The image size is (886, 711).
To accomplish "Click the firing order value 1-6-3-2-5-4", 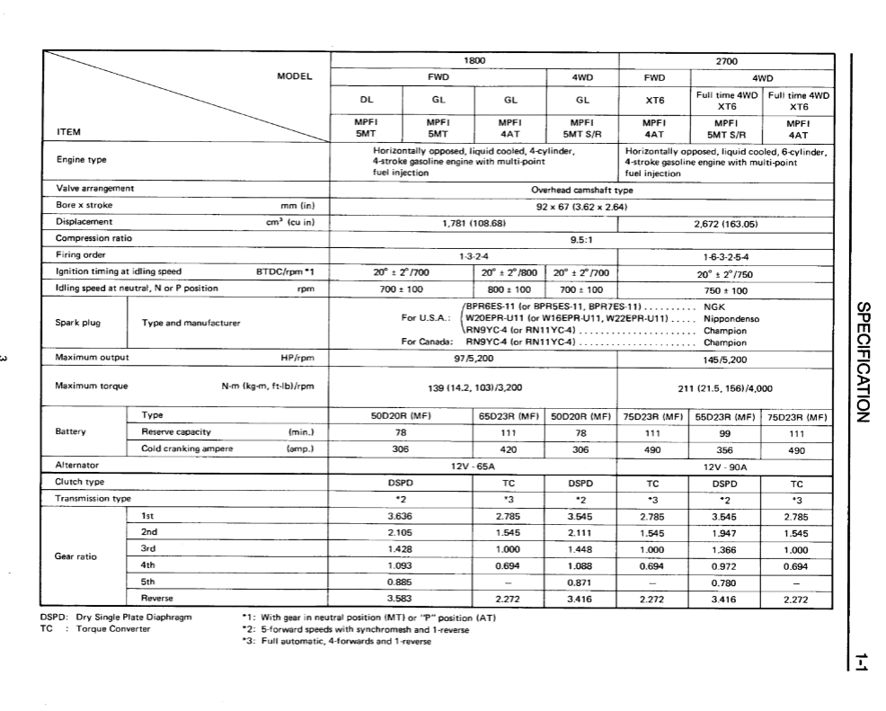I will [x=724, y=255].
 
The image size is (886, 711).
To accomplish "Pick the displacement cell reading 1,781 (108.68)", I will [x=474, y=222].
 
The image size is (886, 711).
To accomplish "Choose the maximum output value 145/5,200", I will [x=724, y=360].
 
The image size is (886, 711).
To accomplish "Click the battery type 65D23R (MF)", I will [x=509, y=416].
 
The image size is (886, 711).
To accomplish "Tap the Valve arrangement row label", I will [x=94, y=189].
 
